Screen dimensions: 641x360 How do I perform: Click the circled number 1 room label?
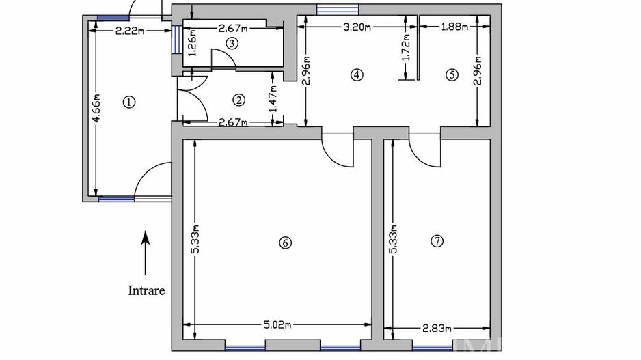(x=129, y=102)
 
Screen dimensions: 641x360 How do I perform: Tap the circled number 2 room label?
(x=238, y=100)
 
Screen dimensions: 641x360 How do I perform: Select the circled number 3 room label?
(x=232, y=43)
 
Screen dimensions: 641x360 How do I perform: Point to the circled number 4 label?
(x=357, y=74)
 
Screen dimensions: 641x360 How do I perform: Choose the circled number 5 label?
(x=452, y=74)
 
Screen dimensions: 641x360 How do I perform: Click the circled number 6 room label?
(x=286, y=243)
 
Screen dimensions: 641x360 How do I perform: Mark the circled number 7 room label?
(x=437, y=241)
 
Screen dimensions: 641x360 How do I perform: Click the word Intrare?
(x=147, y=290)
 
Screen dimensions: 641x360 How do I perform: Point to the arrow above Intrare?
(x=145, y=253)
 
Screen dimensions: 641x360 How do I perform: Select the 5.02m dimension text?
(x=277, y=325)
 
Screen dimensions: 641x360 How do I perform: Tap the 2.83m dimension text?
(x=437, y=328)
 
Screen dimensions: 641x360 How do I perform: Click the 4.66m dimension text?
(x=96, y=108)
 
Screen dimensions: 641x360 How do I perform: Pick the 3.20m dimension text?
(x=357, y=27)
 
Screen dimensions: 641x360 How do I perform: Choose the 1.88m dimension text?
(x=454, y=27)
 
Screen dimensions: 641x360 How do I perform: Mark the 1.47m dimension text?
(x=274, y=98)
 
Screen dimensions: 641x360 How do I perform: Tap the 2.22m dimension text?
(x=130, y=31)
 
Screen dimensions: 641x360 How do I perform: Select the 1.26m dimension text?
(x=193, y=42)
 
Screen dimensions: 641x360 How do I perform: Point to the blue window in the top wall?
(x=338, y=10)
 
